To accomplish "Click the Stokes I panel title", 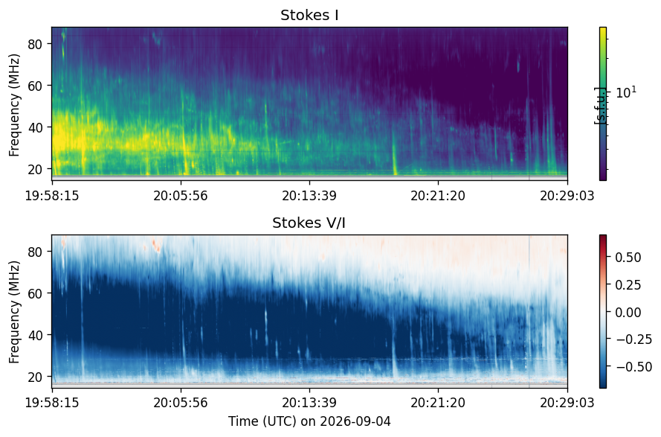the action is [x=309, y=15].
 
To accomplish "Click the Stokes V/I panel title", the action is [x=309, y=223].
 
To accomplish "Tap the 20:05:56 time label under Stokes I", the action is [x=181, y=196].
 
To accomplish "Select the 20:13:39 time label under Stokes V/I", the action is [x=309, y=402].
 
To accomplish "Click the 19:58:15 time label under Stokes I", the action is [x=52, y=196].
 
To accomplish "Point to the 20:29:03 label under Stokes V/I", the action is [x=567, y=402].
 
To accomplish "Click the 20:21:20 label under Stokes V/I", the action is [x=438, y=402].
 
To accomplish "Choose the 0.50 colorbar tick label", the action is [x=628, y=258].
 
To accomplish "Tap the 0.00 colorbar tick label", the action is [x=628, y=313].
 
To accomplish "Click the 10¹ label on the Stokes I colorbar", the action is [x=626, y=92].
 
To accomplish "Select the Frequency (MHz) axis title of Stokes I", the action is [x=14, y=105].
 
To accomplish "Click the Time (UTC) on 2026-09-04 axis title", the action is [x=309, y=421].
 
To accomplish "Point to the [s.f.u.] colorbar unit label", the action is [x=599, y=106].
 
